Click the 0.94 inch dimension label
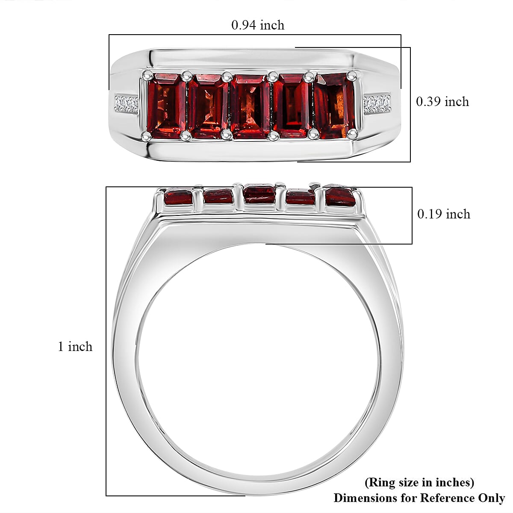pos(258,25)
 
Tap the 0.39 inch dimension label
pos(442,102)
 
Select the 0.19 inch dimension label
pos(443,214)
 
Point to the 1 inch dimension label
pos(75,347)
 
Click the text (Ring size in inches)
pos(419,482)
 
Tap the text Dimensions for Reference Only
pos(419,498)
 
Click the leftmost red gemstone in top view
pos(166,106)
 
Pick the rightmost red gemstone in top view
pos(334,106)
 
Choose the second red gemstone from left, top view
pos(208,106)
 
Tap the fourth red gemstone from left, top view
pos(292,106)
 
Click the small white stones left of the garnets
pos(126,104)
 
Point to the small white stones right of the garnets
pos(377,104)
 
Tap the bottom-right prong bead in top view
pos(353,134)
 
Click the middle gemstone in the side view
pos(259,194)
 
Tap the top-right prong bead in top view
pos(352,76)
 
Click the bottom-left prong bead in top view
pos(147,136)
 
